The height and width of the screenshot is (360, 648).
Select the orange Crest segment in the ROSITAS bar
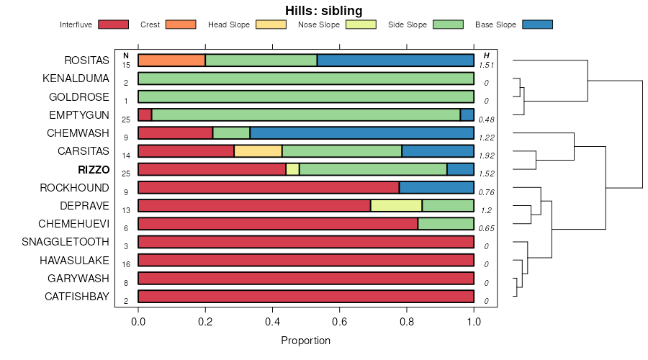[171, 60]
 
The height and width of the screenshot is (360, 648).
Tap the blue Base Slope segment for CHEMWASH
[361, 132]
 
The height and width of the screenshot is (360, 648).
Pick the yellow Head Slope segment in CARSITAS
[258, 151]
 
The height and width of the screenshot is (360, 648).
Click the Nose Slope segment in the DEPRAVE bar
[396, 206]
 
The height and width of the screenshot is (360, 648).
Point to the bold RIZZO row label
[93, 170]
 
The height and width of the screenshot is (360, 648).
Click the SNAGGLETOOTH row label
[66, 242]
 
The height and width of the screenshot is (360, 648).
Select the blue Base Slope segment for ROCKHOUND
[436, 187]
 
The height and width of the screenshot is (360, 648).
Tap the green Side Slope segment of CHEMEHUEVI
[446, 224]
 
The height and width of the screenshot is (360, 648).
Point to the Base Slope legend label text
[495, 24]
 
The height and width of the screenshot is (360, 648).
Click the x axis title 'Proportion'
[305, 341]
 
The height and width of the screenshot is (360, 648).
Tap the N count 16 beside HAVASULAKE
[126, 264]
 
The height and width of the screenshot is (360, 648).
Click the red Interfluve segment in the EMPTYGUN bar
[145, 114]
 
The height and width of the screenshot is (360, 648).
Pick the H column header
[487, 55]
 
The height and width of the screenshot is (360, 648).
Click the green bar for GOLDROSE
[305, 96]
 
